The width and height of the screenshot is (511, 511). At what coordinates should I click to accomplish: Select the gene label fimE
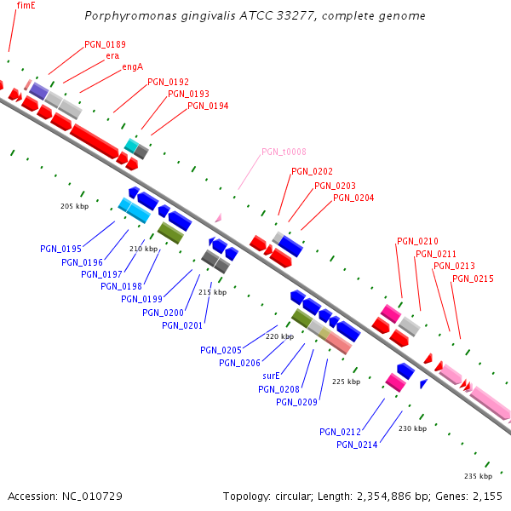point(26,5)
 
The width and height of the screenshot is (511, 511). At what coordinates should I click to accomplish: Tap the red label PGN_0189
point(105,44)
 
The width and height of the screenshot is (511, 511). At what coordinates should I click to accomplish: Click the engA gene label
point(132,66)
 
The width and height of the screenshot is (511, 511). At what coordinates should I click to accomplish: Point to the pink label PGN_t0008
point(284,152)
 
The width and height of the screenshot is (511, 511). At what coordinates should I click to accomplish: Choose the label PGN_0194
point(208,106)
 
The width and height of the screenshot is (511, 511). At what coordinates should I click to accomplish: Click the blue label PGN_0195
point(60,249)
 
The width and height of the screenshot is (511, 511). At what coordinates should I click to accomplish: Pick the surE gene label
point(272,376)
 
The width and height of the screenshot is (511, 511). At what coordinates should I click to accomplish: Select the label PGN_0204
point(353,198)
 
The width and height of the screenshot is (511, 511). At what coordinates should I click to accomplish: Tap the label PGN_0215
point(473,278)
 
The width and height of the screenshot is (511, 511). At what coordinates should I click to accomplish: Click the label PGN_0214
point(357,445)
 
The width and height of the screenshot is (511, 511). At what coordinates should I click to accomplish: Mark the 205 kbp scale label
point(75,206)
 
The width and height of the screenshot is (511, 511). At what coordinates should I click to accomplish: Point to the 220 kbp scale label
point(279,336)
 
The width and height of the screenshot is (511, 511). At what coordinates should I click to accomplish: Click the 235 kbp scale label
point(478,475)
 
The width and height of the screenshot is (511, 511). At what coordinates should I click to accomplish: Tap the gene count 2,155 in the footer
point(487,496)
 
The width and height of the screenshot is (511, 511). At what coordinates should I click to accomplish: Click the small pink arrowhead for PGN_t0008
point(219,218)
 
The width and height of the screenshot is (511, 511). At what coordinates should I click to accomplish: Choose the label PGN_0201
point(182,324)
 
